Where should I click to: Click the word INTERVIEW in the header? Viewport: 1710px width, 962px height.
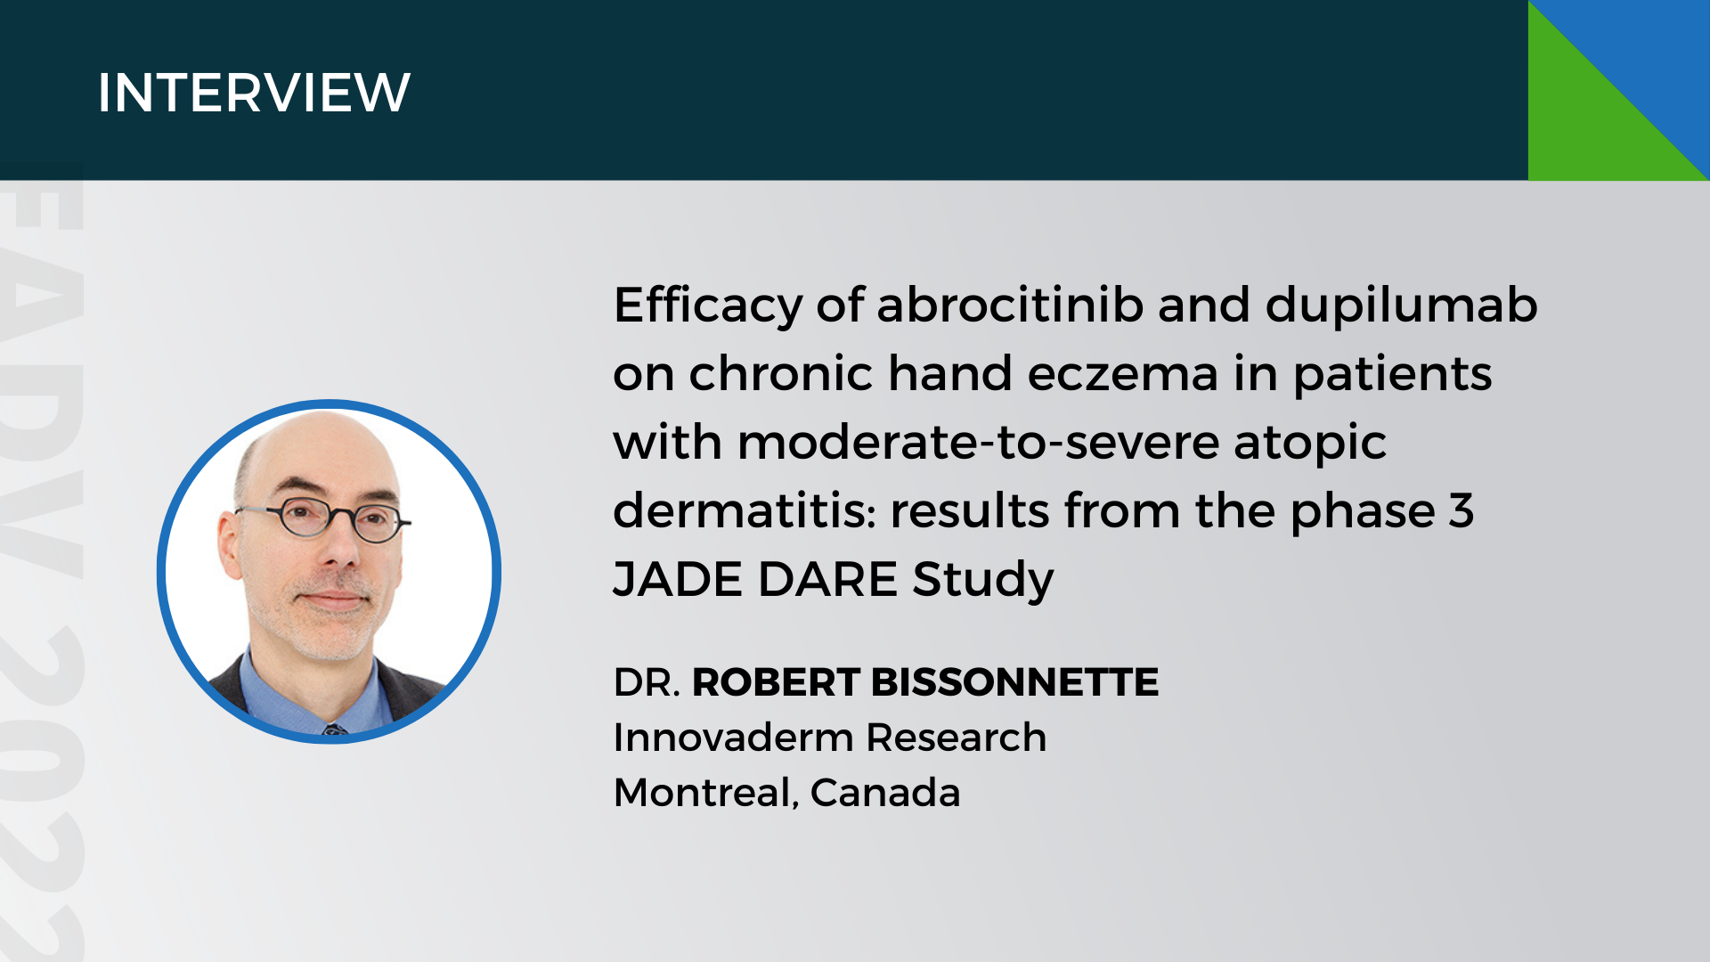click(x=254, y=93)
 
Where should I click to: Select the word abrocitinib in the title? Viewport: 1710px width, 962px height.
click(x=1010, y=305)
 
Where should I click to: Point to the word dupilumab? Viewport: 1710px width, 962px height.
click(x=1401, y=305)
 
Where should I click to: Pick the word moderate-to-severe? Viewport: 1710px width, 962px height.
click(x=977, y=442)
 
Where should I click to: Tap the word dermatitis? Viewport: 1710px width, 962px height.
click(x=744, y=510)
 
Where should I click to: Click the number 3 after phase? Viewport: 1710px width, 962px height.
click(x=1461, y=510)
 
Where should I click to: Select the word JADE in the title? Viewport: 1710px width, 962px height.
click(x=678, y=579)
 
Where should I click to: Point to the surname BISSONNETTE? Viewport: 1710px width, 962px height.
click(x=1014, y=682)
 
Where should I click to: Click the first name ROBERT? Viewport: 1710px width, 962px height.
click(x=775, y=682)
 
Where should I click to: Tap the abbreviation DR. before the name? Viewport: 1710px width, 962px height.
click(x=647, y=682)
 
